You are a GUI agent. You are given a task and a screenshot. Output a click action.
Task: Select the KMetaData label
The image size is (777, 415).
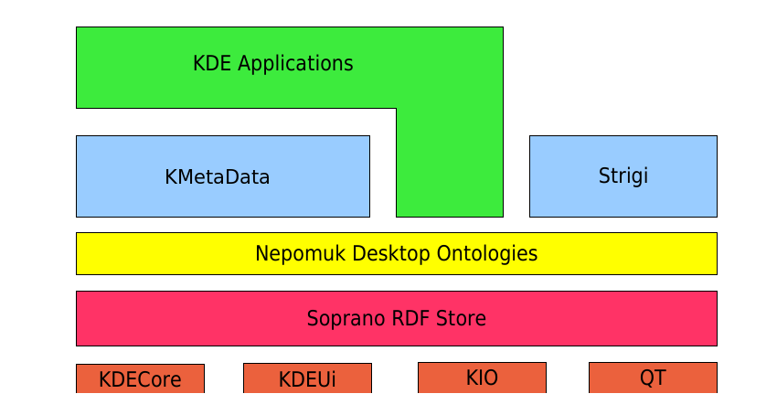click(217, 177)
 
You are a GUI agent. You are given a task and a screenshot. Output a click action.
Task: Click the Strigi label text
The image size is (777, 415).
click(623, 176)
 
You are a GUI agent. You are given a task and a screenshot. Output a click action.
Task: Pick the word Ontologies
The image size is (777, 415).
click(487, 254)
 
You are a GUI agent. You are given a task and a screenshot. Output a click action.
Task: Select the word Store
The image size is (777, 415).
click(461, 318)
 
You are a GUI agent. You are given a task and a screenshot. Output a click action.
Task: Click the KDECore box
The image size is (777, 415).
click(140, 378)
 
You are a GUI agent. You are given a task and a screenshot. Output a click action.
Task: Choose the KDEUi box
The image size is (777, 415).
click(308, 378)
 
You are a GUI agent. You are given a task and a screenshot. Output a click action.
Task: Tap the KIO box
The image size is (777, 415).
click(482, 378)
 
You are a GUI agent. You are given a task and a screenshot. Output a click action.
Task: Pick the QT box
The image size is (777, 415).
click(653, 378)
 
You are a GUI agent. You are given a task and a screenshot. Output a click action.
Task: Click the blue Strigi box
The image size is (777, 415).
click(623, 176)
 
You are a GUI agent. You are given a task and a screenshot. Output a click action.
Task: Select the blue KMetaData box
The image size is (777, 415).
click(223, 176)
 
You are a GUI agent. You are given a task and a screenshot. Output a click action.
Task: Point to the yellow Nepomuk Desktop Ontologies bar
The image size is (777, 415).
click(397, 253)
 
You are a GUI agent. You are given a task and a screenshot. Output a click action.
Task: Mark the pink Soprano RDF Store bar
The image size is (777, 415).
click(397, 318)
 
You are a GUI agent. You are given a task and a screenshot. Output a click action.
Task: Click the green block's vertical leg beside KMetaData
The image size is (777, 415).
click(450, 163)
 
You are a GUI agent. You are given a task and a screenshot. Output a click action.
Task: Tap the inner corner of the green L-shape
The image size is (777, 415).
click(396, 108)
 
